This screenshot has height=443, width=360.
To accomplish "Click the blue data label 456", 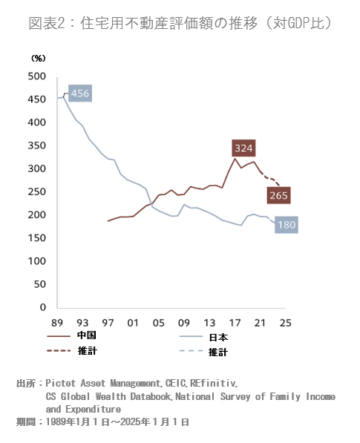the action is click(x=80, y=93).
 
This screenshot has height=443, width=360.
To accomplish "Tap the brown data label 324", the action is click(x=243, y=148).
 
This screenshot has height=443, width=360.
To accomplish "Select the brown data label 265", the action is click(x=278, y=195).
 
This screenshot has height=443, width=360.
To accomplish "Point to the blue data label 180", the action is click(x=287, y=225).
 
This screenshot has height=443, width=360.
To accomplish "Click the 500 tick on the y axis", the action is click(x=36, y=76).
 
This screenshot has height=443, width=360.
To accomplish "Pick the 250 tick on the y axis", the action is click(x=36, y=192).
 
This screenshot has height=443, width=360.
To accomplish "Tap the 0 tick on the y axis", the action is click(x=43, y=307).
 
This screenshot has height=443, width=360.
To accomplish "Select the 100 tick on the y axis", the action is click(x=36, y=261).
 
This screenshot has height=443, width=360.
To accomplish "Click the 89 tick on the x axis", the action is click(x=57, y=323).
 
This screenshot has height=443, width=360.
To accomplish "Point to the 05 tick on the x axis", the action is click(x=159, y=323).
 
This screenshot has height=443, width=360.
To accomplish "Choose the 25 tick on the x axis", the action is click(x=285, y=323).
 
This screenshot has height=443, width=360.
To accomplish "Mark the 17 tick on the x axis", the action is click(x=235, y=323).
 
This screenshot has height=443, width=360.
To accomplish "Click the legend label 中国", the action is click(x=86, y=335).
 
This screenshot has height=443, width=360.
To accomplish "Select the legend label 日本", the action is click(x=218, y=338).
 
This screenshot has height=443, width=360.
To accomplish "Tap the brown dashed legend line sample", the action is click(x=59, y=351).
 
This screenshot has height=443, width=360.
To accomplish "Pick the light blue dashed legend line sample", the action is click(x=191, y=351).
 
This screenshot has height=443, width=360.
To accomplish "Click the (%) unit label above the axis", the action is click(x=38, y=59).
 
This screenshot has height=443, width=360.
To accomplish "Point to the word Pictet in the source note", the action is click(x=60, y=384).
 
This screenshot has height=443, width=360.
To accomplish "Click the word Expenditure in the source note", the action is click(x=94, y=410).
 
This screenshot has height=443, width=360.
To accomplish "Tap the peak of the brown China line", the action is click(x=235, y=159).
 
